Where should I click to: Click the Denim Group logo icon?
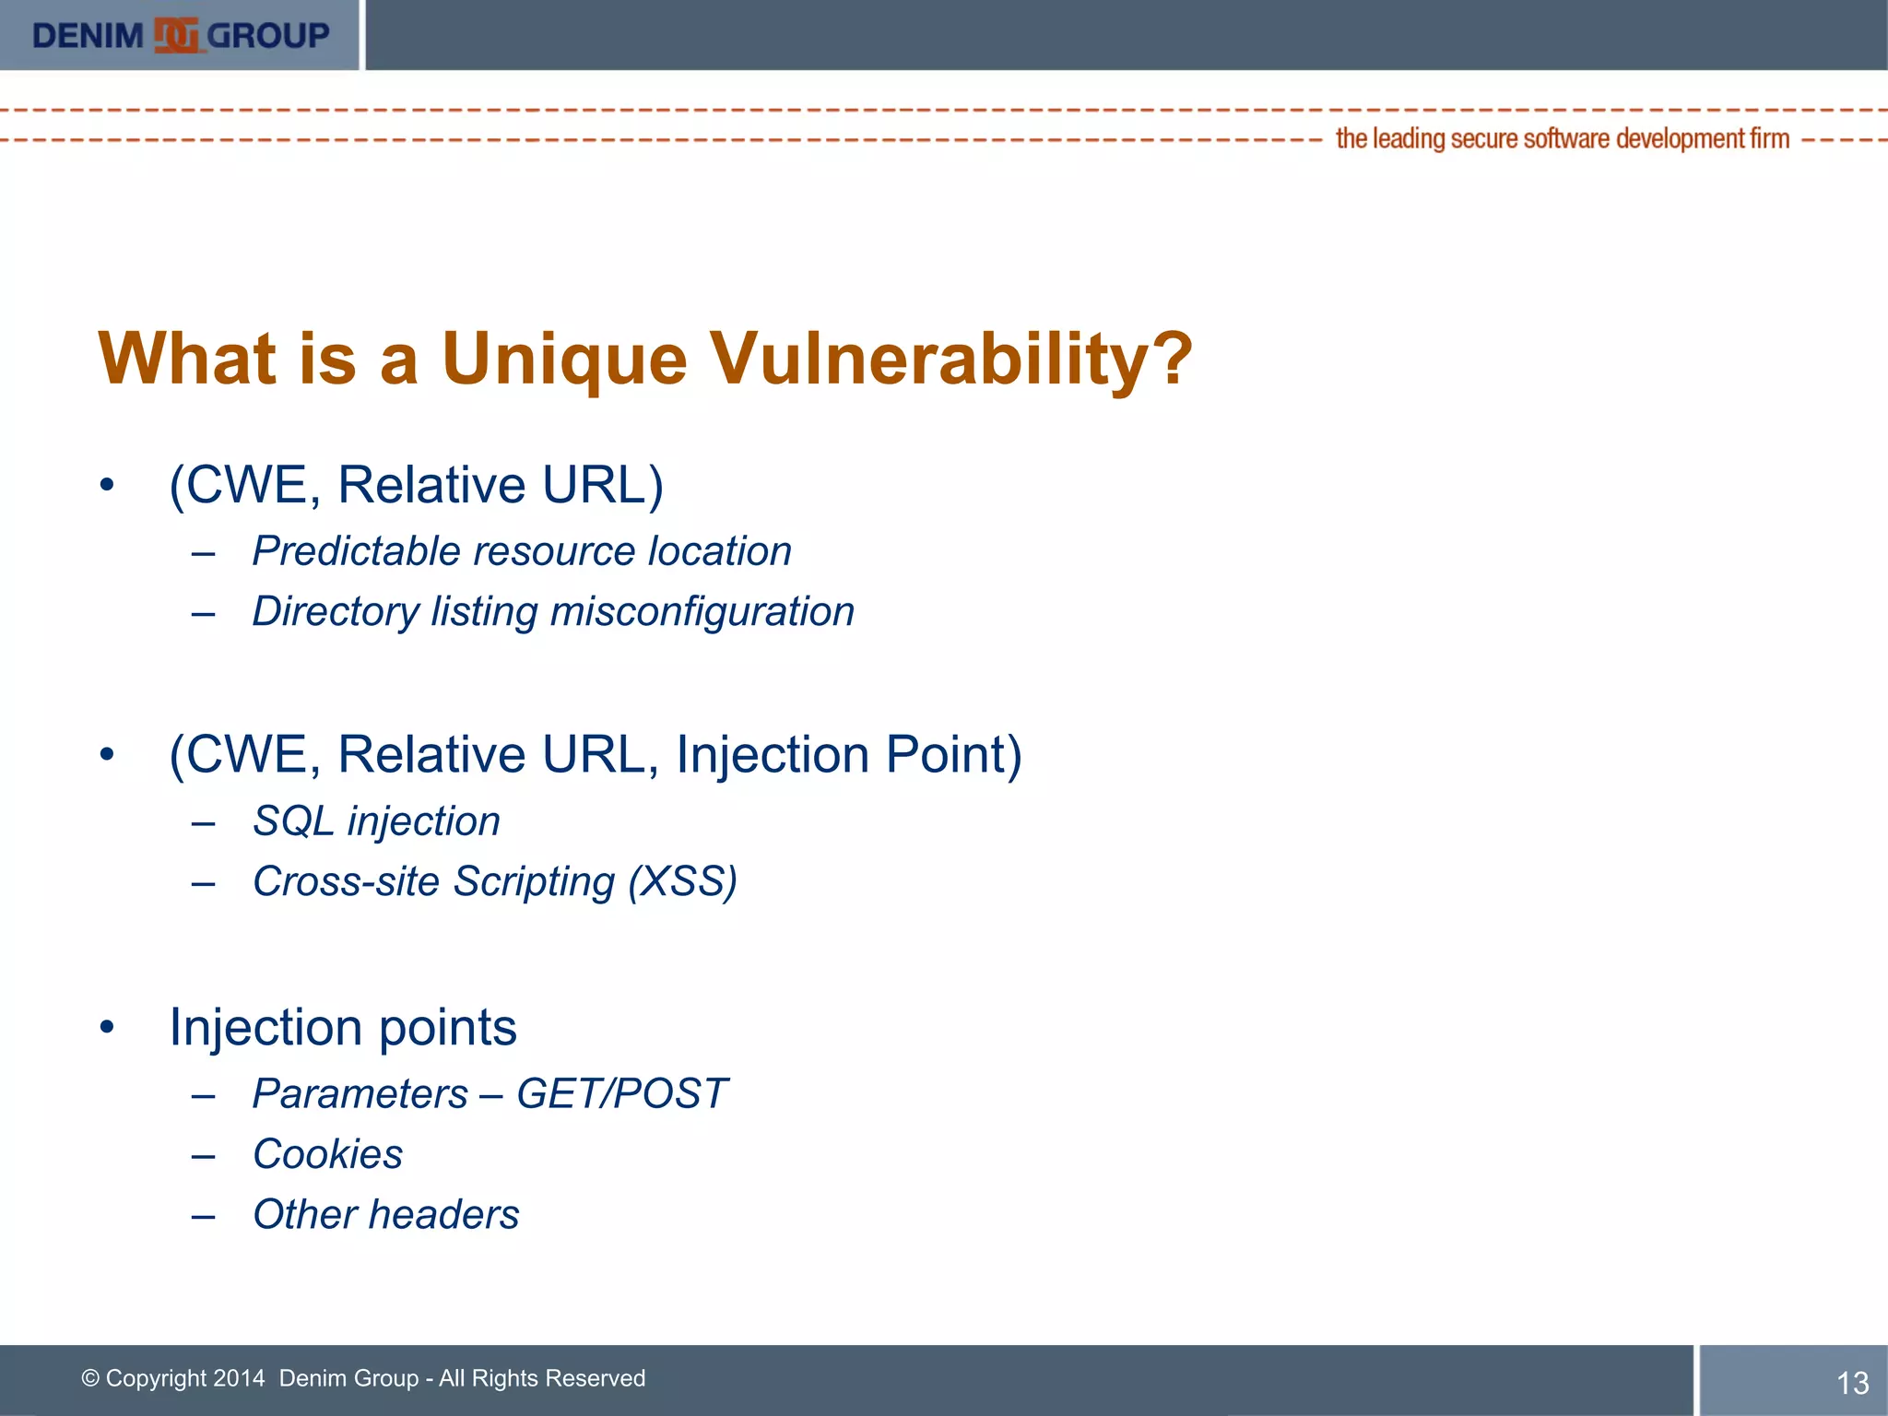pyautogui.click(x=176, y=36)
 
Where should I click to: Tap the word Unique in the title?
pyautogui.click(x=564, y=360)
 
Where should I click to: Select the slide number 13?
pyautogui.click(x=1852, y=1383)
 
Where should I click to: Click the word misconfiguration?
pyautogui.click(x=702, y=612)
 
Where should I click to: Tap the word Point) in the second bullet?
pyautogui.click(x=954, y=755)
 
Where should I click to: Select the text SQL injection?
pyautogui.click(x=376, y=820)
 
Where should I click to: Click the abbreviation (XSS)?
pyautogui.click(x=683, y=881)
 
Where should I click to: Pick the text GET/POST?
pyautogui.click(x=622, y=1094)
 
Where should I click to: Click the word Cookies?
pyautogui.click(x=327, y=1154)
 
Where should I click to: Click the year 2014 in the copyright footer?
pyautogui.click(x=239, y=1378)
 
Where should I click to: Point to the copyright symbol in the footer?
pyautogui.click(x=90, y=1378)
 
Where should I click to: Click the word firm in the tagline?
pyautogui.click(x=1770, y=138)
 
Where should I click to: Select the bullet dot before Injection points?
pyautogui.click(x=108, y=1027)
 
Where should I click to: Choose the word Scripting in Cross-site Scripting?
pyautogui.click(x=534, y=882)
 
